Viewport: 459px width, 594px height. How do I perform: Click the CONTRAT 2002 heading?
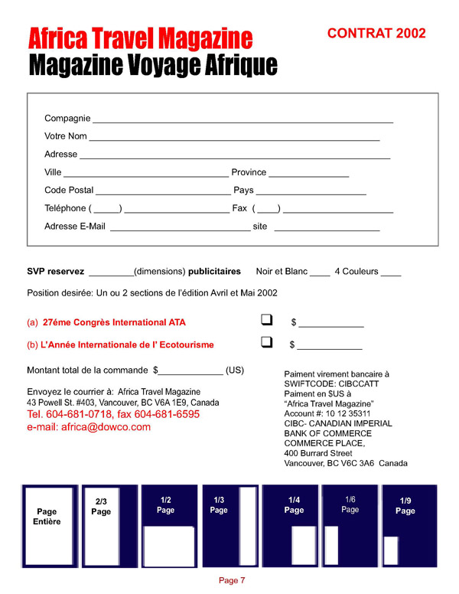pyautogui.click(x=376, y=33)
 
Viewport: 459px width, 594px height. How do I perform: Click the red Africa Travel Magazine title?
pyautogui.click(x=141, y=38)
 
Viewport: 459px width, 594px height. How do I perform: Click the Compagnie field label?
pyautogui.click(x=67, y=119)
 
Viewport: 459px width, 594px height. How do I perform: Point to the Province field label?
pyautogui.click(x=249, y=172)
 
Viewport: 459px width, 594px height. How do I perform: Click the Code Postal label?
pyautogui.click(x=69, y=190)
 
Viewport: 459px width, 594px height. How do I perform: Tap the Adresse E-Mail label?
pyautogui.click(x=75, y=227)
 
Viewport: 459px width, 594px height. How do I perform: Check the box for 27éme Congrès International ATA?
pyautogui.click(x=267, y=320)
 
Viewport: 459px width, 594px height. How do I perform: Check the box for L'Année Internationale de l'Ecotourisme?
pyautogui.click(x=267, y=343)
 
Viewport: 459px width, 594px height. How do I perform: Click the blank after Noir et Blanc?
pyautogui.click(x=321, y=273)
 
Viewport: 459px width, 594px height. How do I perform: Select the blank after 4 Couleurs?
pyautogui.click(x=390, y=273)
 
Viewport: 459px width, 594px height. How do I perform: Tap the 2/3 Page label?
pyautogui.click(x=101, y=507)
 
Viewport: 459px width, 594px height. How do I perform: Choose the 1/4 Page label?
pyautogui.click(x=294, y=504)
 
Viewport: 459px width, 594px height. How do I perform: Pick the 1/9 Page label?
pyautogui.click(x=406, y=506)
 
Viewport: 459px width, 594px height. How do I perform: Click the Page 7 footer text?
pyautogui.click(x=232, y=580)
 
